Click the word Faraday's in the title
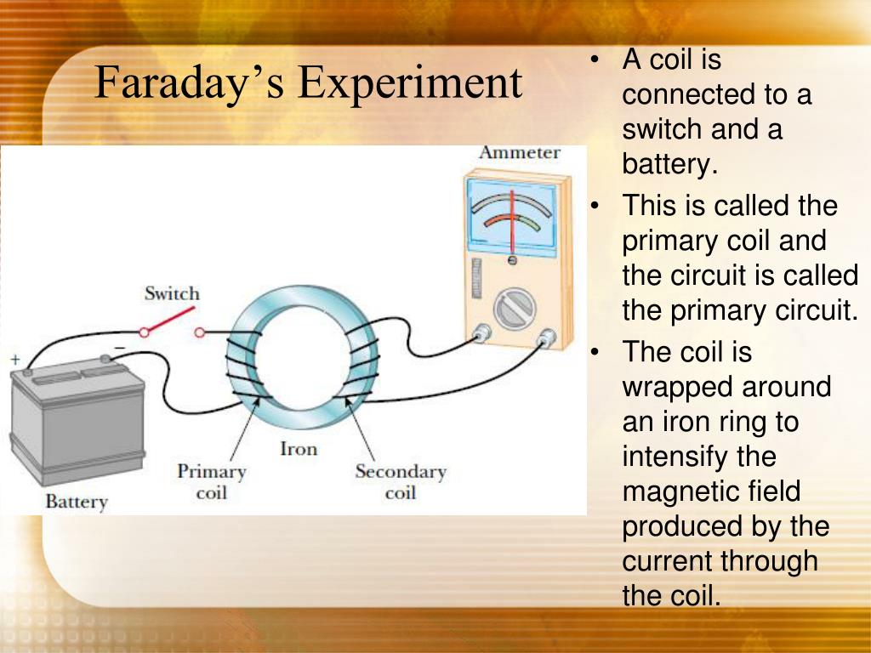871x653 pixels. click(x=190, y=83)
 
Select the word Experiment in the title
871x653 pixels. click(x=410, y=83)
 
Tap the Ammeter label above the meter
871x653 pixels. click(x=520, y=152)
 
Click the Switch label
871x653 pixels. click(x=172, y=293)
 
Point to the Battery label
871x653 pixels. click(x=77, y=502)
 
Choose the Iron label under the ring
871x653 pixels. click(x=299, y=448)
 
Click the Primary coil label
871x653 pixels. click(x=212, y=482)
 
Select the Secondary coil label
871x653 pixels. click(x=401, y=482)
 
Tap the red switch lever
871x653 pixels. click(x=169, y=321)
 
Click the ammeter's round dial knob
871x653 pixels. click(x=515, y=309)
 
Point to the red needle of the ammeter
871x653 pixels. click(x=512, y=222)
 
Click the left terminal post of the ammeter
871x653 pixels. click(x=481, y=333)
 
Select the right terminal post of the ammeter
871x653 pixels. click(x=547, y=337)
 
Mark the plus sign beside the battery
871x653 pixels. click(x=15, y=360)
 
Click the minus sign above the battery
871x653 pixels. click(x=120, y=348)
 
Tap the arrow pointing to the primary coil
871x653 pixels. click(x=245, y=429)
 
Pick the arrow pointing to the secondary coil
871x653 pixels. click(x=360, y=429)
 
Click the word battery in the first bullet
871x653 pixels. click(x=669, y=164)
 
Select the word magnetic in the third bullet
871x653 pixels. click(x=678, y=491)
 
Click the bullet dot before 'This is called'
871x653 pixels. click(x=595, y=206)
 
